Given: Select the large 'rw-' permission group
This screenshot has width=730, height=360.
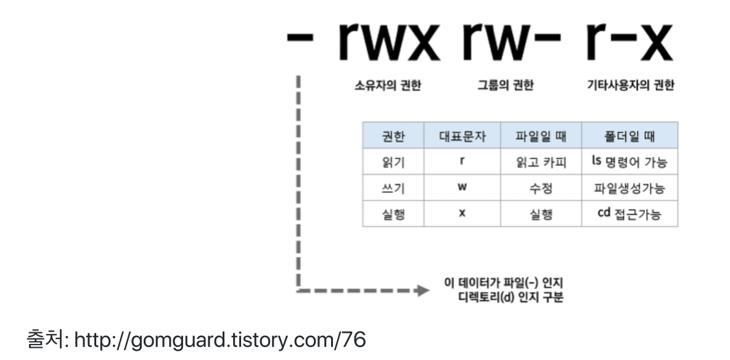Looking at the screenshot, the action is click(x=511, y=43).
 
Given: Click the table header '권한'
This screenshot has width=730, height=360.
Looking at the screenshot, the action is click(x=393, y=136).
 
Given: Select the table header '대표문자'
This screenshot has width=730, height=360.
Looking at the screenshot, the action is click(x=462, y=136).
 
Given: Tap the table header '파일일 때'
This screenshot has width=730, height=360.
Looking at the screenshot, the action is click(x=541, y=136).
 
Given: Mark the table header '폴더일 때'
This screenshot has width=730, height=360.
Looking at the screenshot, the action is click(x=630, y=136).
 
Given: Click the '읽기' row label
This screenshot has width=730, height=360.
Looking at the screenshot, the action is click(x=393, y=162).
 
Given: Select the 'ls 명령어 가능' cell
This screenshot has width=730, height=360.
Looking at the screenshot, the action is click(x=630, y=162).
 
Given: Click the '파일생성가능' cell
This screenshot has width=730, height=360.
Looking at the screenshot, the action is click(x=630, y=188).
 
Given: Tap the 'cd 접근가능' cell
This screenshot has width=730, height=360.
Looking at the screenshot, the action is click(x=630, y=215).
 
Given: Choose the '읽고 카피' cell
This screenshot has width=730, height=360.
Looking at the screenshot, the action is click(x=541, y=162).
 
